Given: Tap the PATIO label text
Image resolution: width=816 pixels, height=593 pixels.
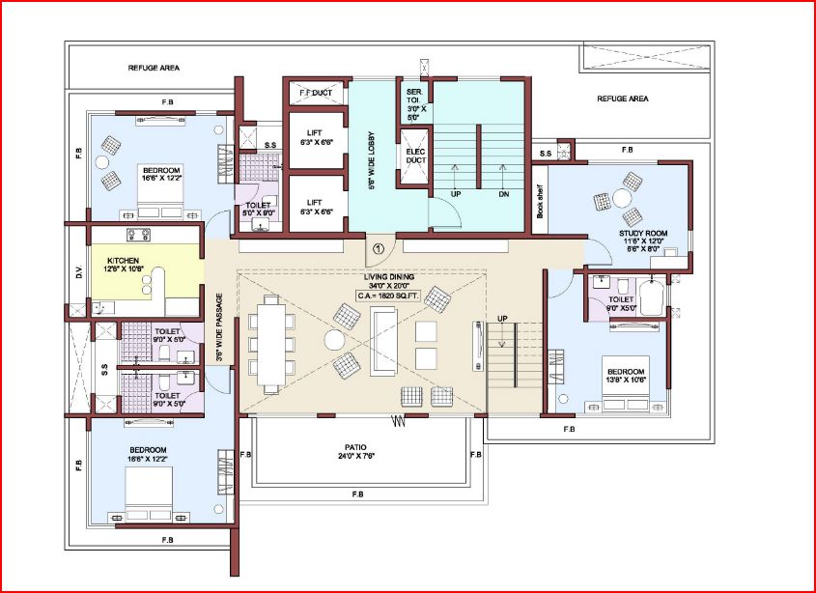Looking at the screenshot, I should coord(355,447).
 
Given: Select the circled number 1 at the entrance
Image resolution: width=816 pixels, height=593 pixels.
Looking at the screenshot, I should coord(377,249).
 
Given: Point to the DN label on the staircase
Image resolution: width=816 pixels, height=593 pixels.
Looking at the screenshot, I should coord(502,194).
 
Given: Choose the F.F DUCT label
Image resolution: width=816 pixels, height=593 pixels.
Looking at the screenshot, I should coord(314,92).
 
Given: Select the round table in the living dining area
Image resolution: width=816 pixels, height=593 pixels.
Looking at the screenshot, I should coord(334,340).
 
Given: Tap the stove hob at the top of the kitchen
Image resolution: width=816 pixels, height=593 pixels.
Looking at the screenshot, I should coord(135,235).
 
